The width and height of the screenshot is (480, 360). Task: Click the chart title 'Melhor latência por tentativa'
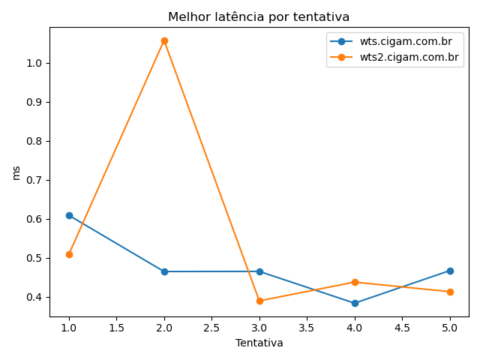pos(259,16)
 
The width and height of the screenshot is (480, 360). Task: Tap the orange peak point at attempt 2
pos(164,40)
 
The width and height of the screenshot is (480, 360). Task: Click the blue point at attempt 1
pos(69,215)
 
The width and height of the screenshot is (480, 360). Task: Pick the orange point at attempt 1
pos(69,254)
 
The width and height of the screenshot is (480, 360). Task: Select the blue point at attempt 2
pos(164,271)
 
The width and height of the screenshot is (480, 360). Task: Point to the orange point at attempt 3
pos(259,301)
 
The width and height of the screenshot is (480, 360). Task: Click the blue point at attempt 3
pos(259,271)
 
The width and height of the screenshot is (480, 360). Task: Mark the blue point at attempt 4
pos(355,303)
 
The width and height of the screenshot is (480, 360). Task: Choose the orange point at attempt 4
pos(355,282)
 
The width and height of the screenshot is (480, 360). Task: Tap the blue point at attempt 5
pos(450,271)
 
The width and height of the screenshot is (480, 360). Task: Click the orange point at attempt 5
pos(450,292)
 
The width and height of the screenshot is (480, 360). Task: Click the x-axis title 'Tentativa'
pos(259,343)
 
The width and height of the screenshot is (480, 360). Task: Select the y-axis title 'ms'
pos(16,173)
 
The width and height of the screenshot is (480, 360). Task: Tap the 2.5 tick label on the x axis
pos(211,328)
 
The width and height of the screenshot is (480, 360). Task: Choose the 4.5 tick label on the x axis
pos(402,328)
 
